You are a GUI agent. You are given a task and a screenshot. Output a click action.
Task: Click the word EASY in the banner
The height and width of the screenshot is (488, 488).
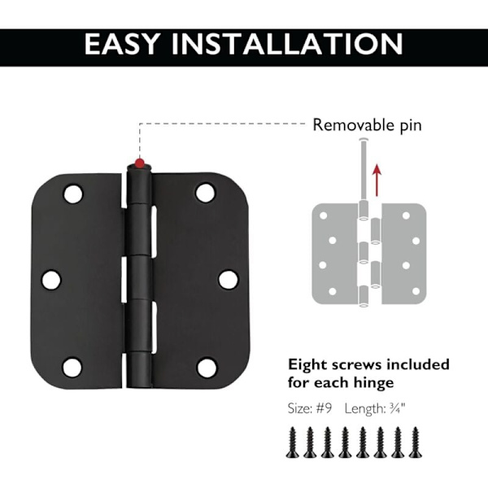(122, 44)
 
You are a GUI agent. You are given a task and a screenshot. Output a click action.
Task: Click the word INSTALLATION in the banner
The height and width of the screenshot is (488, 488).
(287, 44)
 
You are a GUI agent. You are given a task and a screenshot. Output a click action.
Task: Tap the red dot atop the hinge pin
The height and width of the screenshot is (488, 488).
(140, 163)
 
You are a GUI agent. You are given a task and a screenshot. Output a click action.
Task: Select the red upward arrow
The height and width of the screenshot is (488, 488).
(377, 181)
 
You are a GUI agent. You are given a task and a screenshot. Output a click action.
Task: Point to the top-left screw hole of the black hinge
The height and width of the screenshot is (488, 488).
(73, 194)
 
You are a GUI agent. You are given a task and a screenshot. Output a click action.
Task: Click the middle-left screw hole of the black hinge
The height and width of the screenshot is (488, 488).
(51, 280)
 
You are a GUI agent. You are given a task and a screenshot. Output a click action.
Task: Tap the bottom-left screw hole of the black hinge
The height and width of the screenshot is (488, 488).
(72, 368)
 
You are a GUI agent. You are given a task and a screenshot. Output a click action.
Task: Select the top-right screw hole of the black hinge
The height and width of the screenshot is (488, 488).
(206, 193)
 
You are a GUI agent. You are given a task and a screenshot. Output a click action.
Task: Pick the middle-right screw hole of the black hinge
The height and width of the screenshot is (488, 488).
(229, 280)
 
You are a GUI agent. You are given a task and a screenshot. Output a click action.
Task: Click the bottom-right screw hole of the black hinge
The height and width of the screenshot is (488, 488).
(207, 368)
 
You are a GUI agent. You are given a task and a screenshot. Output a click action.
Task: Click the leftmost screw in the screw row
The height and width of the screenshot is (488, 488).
(293, 442)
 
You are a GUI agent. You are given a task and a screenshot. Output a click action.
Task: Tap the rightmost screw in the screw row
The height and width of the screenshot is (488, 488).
(415, 442)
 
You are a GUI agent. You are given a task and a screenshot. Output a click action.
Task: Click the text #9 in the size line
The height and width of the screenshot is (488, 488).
(324, 408)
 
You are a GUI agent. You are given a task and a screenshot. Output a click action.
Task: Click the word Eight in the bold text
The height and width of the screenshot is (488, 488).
(307, 365)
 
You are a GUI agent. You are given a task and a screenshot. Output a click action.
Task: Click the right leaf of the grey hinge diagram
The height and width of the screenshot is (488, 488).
(403, 254)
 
